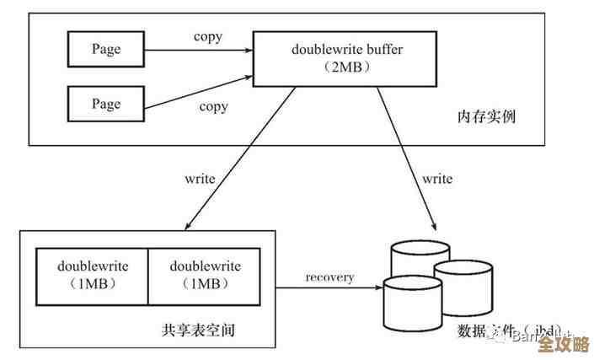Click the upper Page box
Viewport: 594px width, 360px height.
(107, 49)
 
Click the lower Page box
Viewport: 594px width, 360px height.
(107, 105)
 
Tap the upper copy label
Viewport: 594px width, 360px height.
(207, 36)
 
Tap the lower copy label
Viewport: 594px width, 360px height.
(212, 106)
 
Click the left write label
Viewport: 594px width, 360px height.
(200, 179)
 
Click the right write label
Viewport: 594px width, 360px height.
(436, 179)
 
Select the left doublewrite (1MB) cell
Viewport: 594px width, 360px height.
(92, 275)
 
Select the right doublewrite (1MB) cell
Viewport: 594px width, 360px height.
(205, 275)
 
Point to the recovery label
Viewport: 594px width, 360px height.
(329, 277)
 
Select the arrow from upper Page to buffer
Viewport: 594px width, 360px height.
(199, 50)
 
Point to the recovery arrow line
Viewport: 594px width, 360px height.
(329, 288)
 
